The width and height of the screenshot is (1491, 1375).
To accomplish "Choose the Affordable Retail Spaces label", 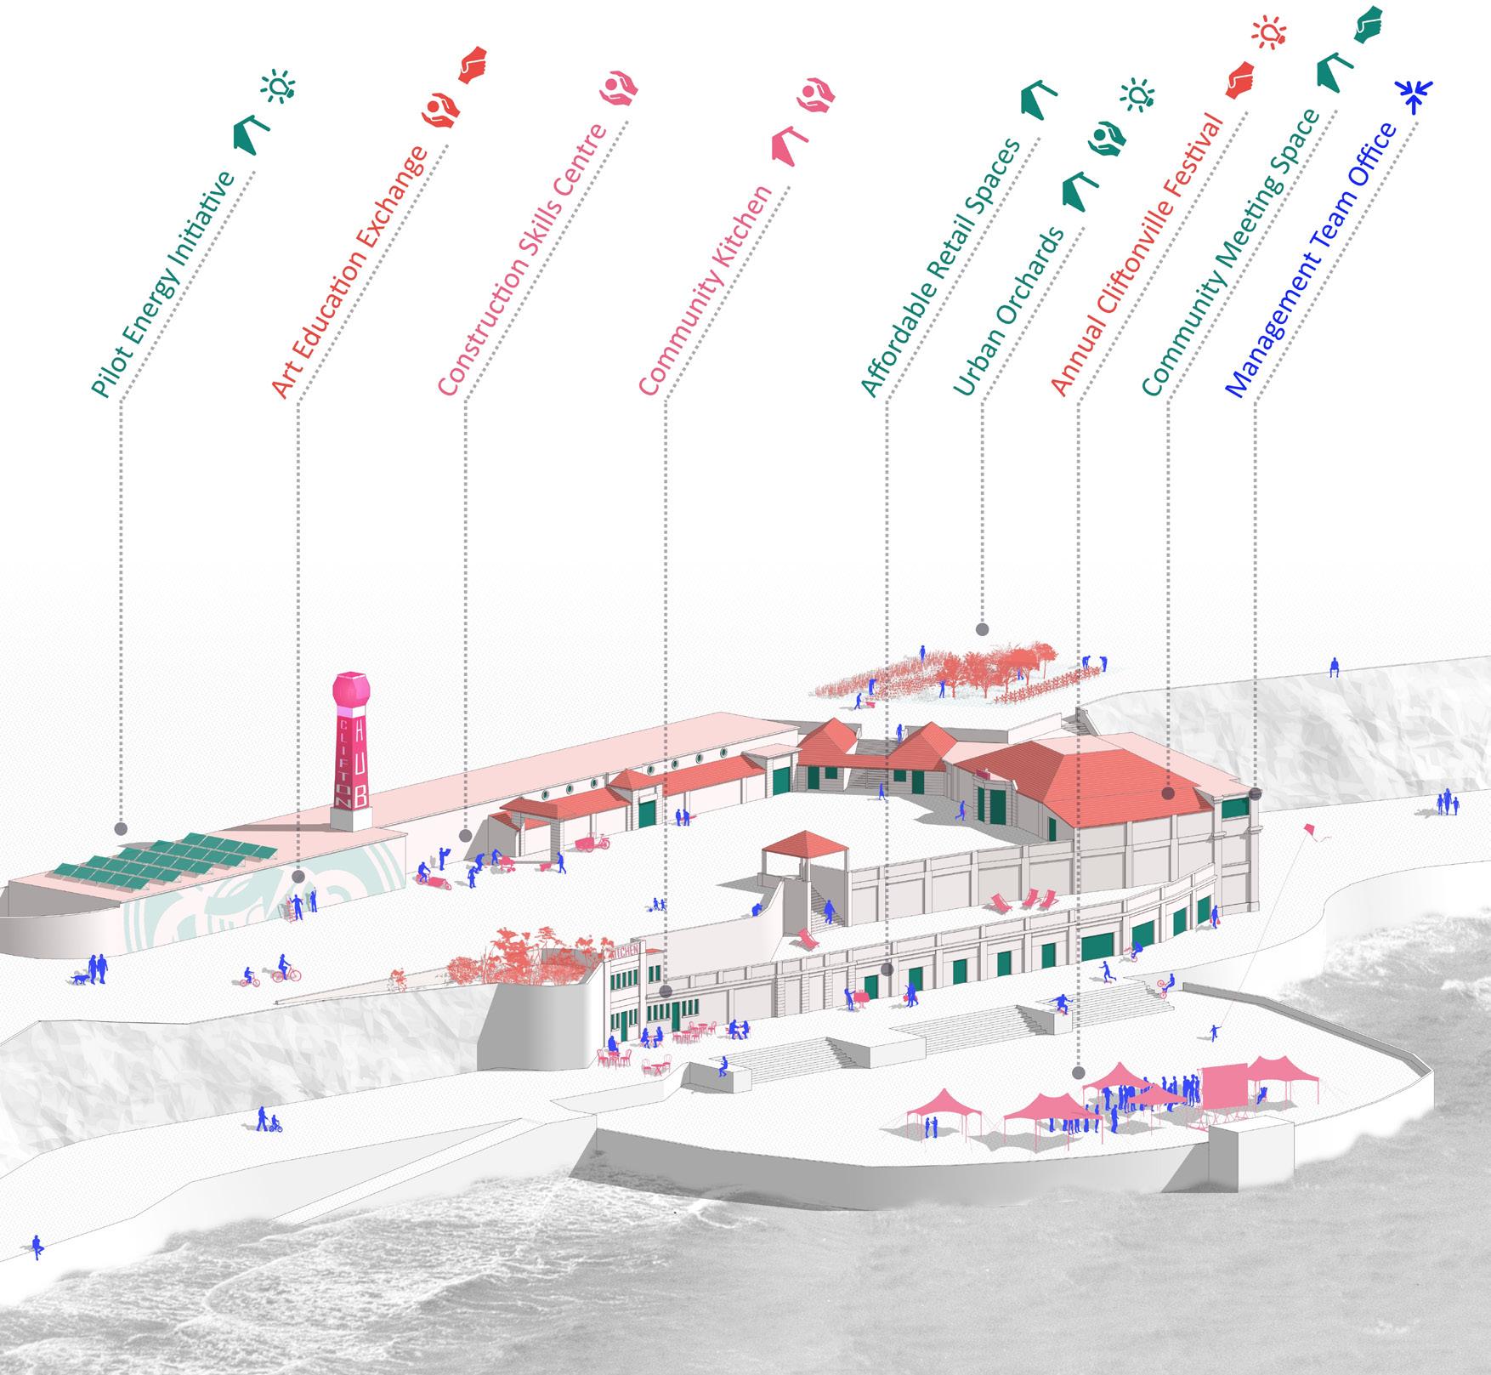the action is (938, 267).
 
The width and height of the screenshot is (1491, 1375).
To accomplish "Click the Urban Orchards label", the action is (1009, 311).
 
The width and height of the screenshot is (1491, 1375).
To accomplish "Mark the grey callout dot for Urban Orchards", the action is (982, 630).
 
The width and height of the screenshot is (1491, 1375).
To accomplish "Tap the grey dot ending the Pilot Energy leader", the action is (121, 828).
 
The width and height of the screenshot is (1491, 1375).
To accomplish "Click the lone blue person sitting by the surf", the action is (37, 1247).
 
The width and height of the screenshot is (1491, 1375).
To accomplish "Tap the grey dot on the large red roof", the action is (1167, 793).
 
